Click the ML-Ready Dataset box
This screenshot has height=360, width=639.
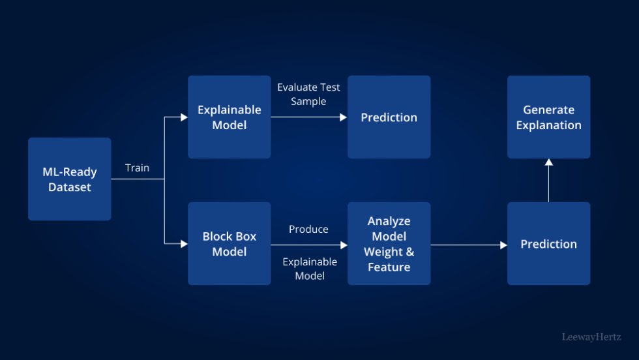click(70, 179)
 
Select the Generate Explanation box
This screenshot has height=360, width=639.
click(548, 117)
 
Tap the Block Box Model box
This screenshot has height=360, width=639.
click(229, 244)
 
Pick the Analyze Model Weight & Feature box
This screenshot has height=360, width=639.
click(389, 244)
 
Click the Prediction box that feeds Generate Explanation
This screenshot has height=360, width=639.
click(548, 244)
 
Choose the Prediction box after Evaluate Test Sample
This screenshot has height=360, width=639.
click(389, 117)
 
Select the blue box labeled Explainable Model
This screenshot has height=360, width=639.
click(229, 117)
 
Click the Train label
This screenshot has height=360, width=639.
click(137, 168)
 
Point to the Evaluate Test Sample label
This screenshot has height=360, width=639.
click(308, 94)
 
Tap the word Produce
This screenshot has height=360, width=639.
click(308, 230)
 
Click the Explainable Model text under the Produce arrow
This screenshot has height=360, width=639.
click(310, 269)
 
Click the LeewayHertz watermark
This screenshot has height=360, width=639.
click(591, 337)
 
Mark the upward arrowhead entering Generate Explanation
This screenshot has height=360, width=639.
click(548, 162)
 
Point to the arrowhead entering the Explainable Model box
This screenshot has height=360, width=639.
click(185, 117)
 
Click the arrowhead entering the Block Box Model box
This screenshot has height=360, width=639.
click(185, 244)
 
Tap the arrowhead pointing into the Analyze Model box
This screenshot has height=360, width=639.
click(344, 245)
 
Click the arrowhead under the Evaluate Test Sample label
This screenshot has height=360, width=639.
click(344, 117)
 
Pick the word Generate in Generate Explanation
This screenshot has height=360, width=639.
click(548, 110)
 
